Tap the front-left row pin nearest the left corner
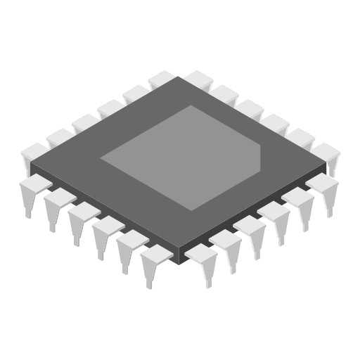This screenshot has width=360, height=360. point(32,190)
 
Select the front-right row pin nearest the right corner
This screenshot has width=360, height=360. point(324,188)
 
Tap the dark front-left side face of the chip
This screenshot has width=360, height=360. point(105,218)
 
